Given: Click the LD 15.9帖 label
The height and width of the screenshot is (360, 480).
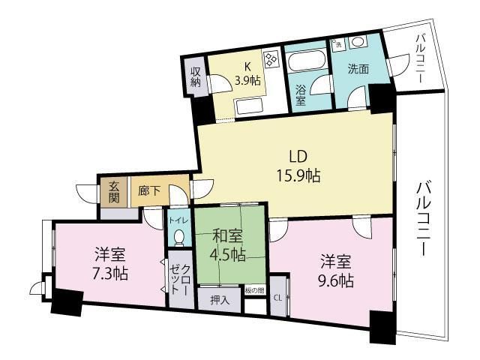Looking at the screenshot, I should [295, 167].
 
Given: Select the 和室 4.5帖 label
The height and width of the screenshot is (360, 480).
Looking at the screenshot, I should [228, 244].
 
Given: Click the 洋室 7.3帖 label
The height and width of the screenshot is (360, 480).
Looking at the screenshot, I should [110, 263].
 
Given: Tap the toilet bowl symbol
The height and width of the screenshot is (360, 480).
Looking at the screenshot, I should [178, 237].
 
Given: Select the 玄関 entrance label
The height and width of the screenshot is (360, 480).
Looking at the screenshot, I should [114, 192].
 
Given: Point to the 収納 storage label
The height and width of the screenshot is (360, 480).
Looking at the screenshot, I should [195, 78].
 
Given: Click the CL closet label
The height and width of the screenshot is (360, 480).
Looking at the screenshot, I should [277, 298].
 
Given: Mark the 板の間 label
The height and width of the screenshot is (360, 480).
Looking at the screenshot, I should [255, 290].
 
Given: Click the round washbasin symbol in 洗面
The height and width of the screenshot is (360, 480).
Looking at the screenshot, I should [357, 42].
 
